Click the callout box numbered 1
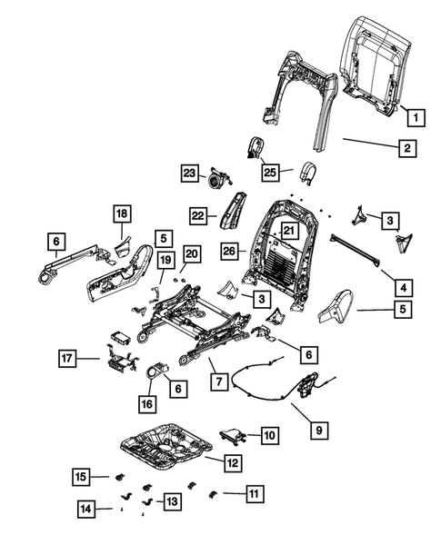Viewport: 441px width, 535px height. [x=414, y=117]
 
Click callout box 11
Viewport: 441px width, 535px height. [x=253, y=493]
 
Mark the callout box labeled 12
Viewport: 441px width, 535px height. [x=233, y=463]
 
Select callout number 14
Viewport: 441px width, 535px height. [x=85, y=509]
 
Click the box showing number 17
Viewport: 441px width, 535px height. [x=66, y=359]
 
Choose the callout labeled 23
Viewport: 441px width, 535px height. [x=189, y=172]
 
